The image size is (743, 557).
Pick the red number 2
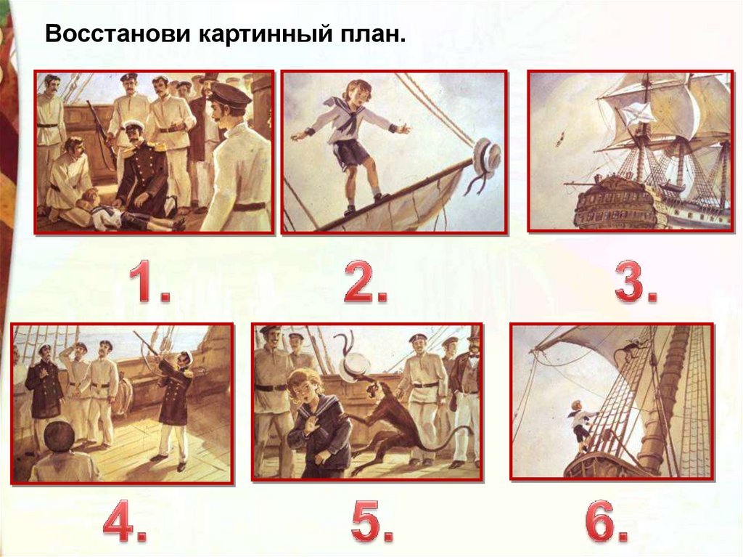coord(366,282)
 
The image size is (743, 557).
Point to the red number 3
coord(636,282)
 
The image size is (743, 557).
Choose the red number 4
coord(125,521)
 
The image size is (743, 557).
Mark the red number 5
coord(372,521)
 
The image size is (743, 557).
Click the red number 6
coord(607,521)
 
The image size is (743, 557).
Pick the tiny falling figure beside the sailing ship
coord(560,138)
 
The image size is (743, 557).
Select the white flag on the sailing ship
coord(632,114)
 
